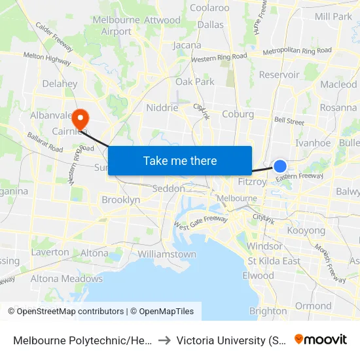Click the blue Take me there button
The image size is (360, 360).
click(180, 161)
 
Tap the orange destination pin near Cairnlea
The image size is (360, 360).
click(81, 118)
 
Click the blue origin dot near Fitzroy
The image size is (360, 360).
click(280, 166)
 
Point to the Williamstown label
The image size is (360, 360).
click(167, 254)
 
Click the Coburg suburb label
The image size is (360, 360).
click(238, 114)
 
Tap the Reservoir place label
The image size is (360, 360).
click(279, 75)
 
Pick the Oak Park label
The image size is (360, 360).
click(195, 82)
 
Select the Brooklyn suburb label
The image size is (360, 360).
click(121, 200)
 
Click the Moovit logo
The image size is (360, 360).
click(321, 340)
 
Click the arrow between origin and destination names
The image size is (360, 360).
click(164, 340)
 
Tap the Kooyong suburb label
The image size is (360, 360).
click(306, 231)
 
